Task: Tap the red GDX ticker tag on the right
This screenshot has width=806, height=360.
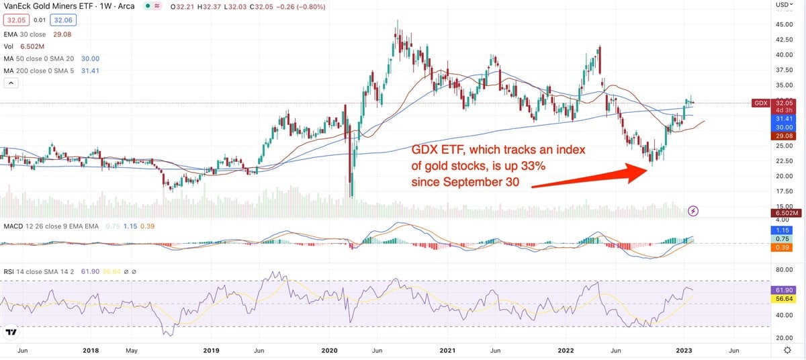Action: pyautogui.click(x=761, y=103)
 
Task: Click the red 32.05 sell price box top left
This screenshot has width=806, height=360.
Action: pyautogui.click(x=13, y=20)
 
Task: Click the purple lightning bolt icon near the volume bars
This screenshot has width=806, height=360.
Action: pyautogui.click(x=693, y=211)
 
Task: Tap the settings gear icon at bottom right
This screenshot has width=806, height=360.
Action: pyautogui.click(x=787, y=350)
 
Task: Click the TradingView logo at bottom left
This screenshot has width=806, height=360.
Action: pyautogui.click(x=11, y=332)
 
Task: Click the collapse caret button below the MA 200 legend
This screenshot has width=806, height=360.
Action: pyautogui.click(x=11, y=83)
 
